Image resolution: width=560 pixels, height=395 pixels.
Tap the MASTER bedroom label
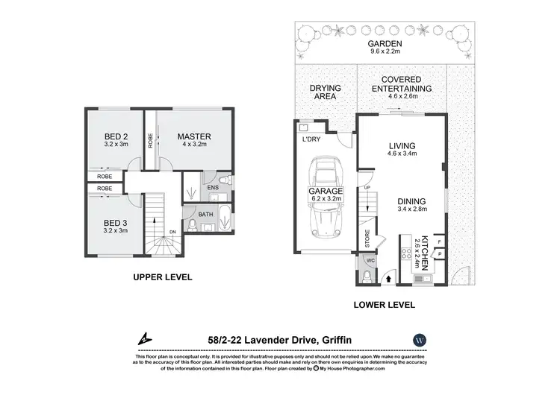[x=194, y=136]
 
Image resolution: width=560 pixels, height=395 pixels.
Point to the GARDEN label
[x=385, y=45]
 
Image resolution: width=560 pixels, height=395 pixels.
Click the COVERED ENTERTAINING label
[x=402, y=83]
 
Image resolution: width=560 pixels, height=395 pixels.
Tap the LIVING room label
[x=401, y=146]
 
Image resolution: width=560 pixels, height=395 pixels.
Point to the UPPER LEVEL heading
[x=162, y=277]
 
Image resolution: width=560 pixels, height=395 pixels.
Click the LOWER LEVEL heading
[x=385, y=305]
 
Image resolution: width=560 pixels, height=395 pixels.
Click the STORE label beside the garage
[x=367, y=241]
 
